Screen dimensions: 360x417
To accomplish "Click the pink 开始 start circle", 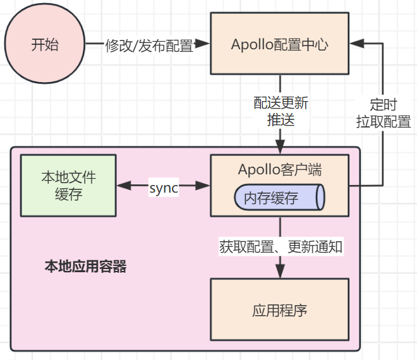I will [x=44, y=45].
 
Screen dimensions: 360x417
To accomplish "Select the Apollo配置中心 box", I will [x=280, y=45].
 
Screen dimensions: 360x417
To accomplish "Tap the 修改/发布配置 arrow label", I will [x=149, y=45].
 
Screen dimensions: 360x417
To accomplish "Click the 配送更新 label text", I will [x=281, y=103].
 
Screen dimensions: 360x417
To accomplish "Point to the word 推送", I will [x=281, y=119].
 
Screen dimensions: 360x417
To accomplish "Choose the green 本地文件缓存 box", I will [x=68, y=186].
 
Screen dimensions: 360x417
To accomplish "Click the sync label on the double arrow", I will [x=164, y=188].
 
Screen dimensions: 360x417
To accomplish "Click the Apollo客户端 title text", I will [x=280, y=169].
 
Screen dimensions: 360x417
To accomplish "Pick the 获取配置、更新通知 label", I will [x=281, y=246].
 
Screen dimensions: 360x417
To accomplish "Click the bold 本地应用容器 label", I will [x=85, y=267].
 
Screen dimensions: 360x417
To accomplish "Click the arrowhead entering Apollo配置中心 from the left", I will [x=203, y=44].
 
